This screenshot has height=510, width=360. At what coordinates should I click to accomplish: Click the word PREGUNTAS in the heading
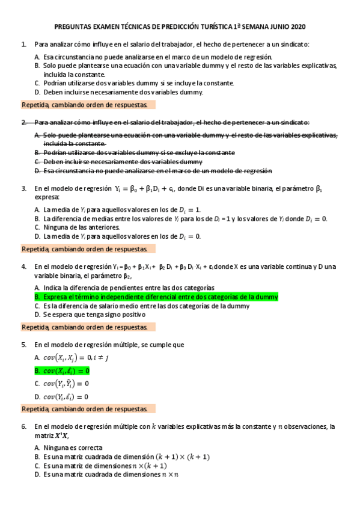coord(73,27)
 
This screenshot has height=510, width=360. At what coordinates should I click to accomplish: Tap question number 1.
coord(23,45)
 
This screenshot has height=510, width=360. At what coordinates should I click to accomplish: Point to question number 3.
coord(23,188)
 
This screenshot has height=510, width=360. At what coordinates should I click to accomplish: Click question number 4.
coord(23,266)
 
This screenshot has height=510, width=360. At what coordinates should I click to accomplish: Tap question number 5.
coord(23,345)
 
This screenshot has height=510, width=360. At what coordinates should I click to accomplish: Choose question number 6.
coord(23,426)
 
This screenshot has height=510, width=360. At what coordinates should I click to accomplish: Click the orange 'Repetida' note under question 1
coord(88,104)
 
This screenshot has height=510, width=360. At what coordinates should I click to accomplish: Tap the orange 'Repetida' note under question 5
coord(88,408)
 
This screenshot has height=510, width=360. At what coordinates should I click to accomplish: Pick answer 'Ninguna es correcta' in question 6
coord(72,447)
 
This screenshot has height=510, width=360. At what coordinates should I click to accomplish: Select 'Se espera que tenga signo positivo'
coord(94,314)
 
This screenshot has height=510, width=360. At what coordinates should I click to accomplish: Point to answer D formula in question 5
coord(66,396)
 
